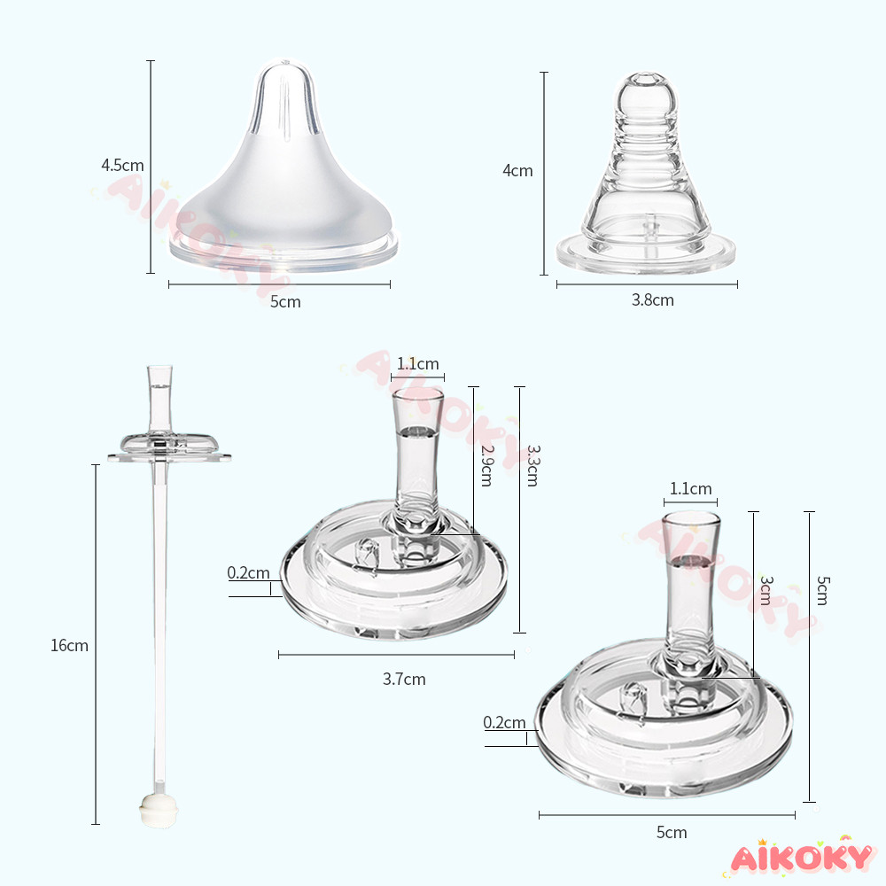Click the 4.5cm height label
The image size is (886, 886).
(122, 165)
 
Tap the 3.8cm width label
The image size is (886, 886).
(653, 300)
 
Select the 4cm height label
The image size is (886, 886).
(517, 171)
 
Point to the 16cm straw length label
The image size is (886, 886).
(69, 645)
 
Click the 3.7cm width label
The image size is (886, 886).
(404, 679)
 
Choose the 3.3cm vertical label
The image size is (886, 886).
(533, 466)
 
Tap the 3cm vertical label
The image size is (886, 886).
(766, 590)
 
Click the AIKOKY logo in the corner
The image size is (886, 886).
(801, 857)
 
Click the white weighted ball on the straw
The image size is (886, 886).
(159, 811)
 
